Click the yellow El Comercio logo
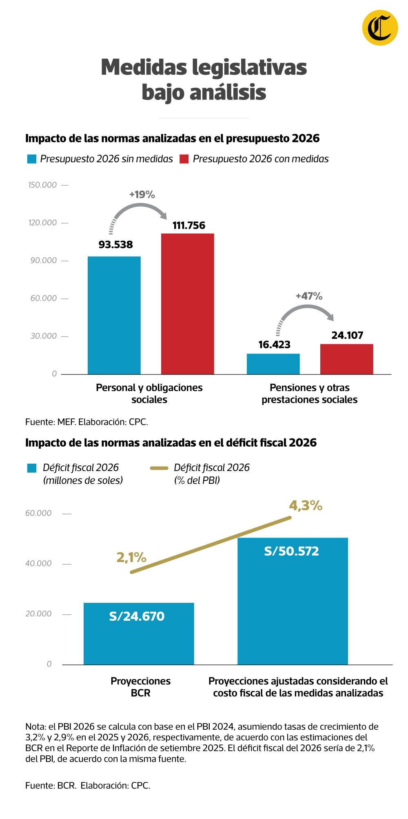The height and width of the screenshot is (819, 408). click(380, 27)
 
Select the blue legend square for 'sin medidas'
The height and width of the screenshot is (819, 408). click(32, 159)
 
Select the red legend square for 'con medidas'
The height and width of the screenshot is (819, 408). click(184, 159)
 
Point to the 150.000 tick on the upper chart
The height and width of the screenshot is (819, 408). click(42, 185)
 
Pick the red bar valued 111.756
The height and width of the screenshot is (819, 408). click(187, 304)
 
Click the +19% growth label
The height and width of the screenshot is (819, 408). click(142, 195)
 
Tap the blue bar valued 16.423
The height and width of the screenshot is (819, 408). click(273, 364)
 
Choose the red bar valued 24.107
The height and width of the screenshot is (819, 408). click(346, 359)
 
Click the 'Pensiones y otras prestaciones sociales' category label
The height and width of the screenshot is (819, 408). click(309, 394)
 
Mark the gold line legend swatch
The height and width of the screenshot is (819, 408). click(159, 468)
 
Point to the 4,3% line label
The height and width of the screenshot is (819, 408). click(306, 506)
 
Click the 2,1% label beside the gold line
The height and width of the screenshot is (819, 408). click(131, 557)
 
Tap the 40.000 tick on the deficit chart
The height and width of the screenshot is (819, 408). click(38, 564)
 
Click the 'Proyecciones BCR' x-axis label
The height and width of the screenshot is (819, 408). click(140, 687)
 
